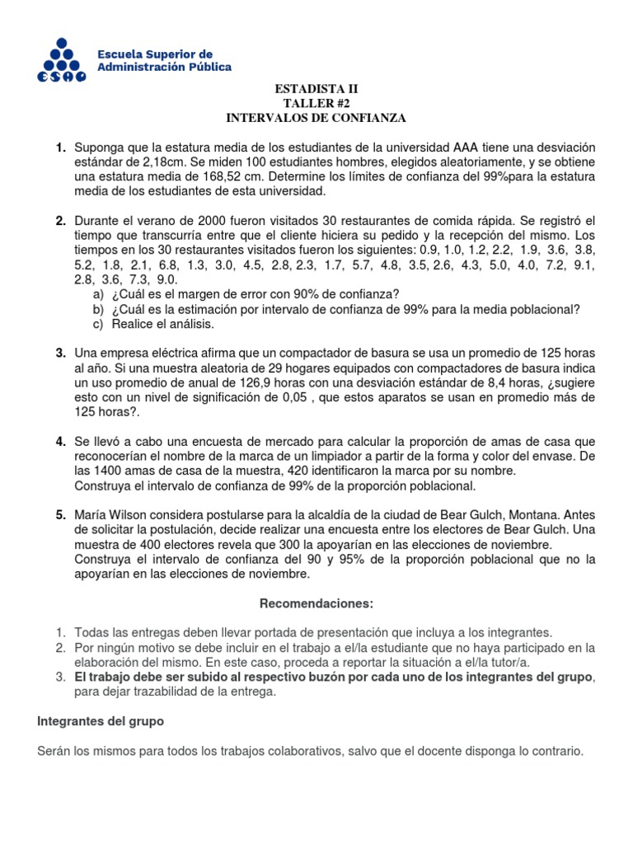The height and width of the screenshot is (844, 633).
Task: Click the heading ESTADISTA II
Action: coord(316,89)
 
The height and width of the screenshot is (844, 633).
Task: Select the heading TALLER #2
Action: coord(316,103)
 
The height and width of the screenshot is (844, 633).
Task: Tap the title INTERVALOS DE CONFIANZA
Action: coord(316,118)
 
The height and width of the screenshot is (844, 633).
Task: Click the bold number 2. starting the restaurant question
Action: coord(61,221)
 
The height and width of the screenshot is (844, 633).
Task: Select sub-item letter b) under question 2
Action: coord(99,309)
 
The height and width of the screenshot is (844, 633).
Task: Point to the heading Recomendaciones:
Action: coord(316,604)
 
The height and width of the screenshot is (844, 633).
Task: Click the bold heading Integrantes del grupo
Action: coord(101,721)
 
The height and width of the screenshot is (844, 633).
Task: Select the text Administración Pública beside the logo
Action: coord(165,66)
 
